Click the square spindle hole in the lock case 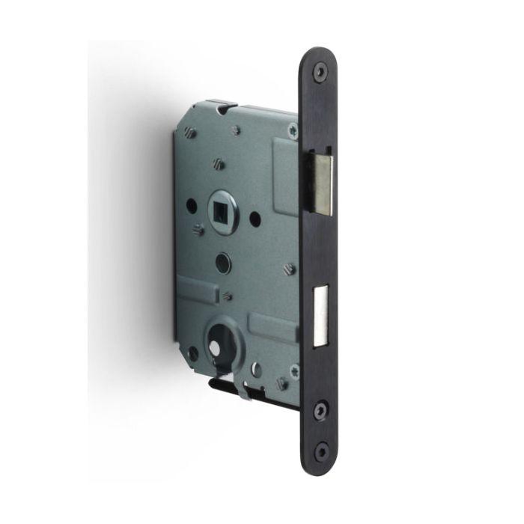[x=225, y=209]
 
